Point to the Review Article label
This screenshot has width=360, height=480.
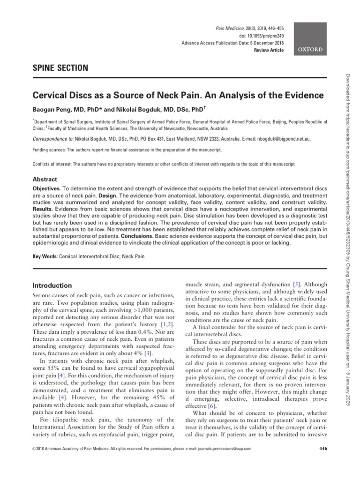(x=269, y=50)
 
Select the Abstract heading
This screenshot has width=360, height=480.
(x=45, y=179)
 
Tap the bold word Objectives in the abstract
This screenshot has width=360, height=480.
(x=46, y=188)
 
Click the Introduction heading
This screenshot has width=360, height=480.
(x=52, y=285)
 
